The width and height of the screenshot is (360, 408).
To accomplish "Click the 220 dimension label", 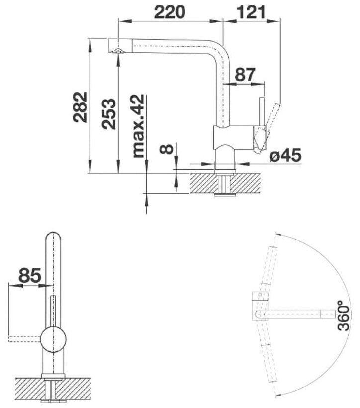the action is click(x=170, y=12).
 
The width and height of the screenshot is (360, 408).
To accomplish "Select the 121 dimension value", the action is click(x=251, y=12).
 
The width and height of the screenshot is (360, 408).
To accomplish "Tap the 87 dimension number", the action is click(x=245, y=74).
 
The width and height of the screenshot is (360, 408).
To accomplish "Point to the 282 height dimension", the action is click(x=80, y=106).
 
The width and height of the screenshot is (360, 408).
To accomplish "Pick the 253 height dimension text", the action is click(x=108, y=114).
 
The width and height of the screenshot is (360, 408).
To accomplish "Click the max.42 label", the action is click(x=138, y=126).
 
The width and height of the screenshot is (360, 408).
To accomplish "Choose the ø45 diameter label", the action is click(x=285, y=155).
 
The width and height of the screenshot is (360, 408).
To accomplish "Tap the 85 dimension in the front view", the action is click(x=30, y=275).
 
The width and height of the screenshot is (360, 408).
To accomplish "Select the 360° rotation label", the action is click(x=344, y=315).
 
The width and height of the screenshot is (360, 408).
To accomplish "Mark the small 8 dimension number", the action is click(x=167, y=149).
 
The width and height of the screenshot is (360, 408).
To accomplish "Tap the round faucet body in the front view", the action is click(x=53, y=339).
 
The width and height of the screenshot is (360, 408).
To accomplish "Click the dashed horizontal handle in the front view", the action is click(x=25, y=339).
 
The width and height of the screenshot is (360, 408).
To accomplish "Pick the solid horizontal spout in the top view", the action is click(x=296, y=314).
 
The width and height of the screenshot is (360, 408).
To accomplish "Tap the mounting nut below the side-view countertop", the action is click(x=225, y=195).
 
